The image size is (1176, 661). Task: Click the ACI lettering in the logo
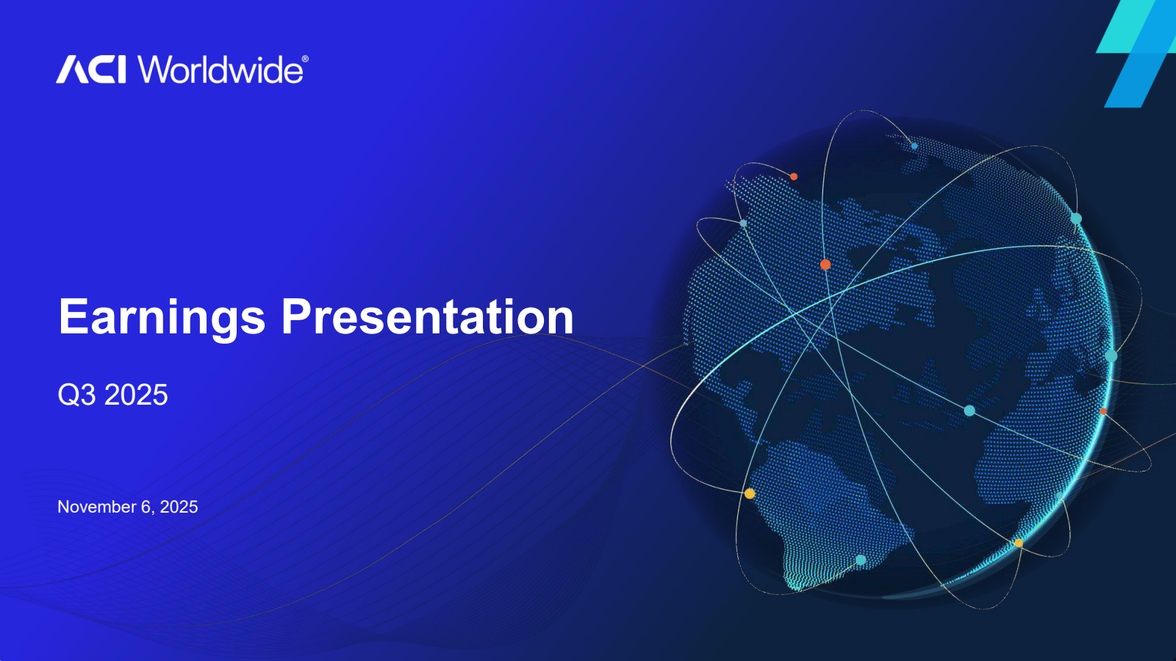91,70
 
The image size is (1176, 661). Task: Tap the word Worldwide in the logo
220,70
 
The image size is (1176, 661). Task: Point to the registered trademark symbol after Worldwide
305,59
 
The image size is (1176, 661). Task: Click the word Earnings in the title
162,317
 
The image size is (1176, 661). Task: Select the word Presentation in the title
427,317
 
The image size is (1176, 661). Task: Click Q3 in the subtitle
77,395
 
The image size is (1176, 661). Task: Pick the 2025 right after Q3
136,394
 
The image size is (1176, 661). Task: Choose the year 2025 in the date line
179,507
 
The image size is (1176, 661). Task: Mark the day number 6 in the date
146,507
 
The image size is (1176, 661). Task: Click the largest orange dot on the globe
825,264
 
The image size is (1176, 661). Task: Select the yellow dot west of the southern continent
750,494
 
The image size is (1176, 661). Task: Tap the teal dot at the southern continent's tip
861,560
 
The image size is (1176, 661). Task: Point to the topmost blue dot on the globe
914,146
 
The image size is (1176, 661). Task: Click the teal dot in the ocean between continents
969,411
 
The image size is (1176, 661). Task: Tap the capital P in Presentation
296,317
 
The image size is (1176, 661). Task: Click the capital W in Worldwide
157,70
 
